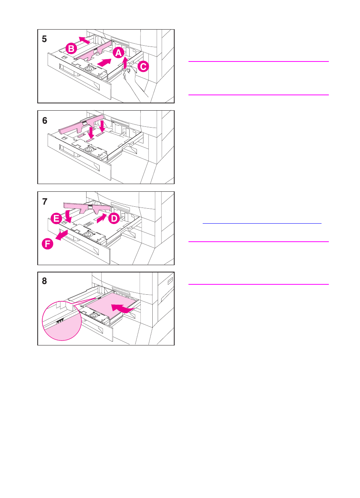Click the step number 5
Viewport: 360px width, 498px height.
click(x=45, y=39)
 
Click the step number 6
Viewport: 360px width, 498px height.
click(x=45, y=121)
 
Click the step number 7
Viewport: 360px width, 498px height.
click(x=45, y=201)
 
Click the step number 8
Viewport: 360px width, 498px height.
click(x=45, y=281)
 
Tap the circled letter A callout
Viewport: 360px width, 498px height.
click(x=118, y=53)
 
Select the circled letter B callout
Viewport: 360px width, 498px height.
click(x=71, y=48)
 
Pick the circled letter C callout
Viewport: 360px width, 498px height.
click(x=143, y=67)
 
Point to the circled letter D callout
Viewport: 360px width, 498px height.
click(x=114, y=219)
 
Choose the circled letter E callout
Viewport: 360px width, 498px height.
click(x=57, y=219)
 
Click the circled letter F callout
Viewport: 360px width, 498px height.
click(x=47, y=244)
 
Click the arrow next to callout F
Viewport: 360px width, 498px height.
click(x=62, y=235)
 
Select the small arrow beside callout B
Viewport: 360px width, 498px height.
click(x=85, y=39)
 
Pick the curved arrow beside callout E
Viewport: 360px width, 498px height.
click(x=68, y=215)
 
